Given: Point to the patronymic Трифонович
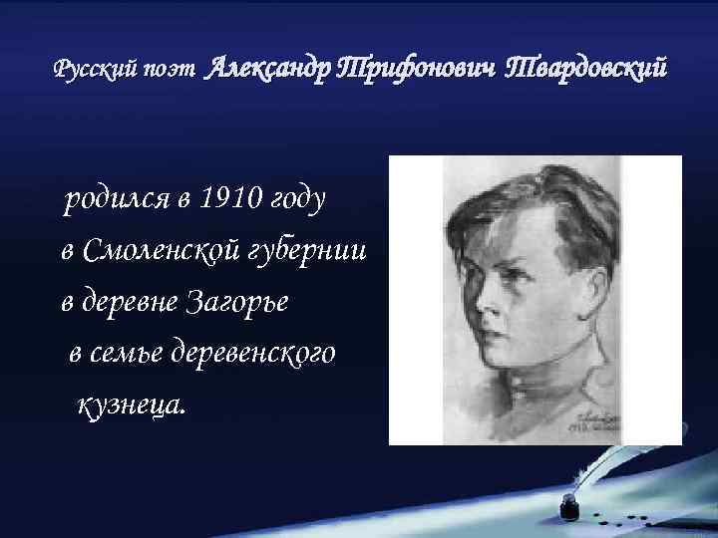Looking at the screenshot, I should tap(418, 70).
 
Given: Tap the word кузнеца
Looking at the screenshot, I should tap(131, 405).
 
